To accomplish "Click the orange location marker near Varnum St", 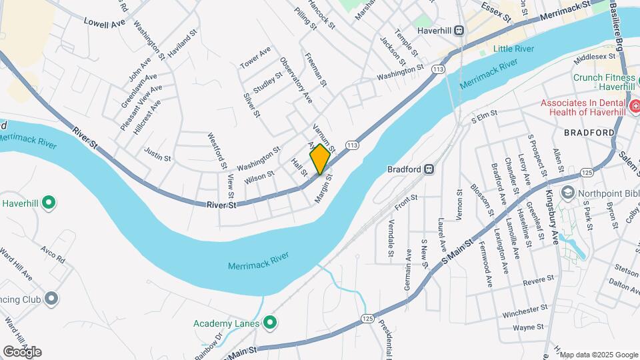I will pos(320,159).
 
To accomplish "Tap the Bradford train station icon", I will pos(430,169).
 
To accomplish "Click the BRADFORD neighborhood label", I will pos(588,133).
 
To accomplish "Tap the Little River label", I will pos(514,49).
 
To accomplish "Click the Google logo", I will pos(22,352).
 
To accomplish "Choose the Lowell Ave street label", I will pos(105,23).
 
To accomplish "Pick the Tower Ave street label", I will pos(255,58).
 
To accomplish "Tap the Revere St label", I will pos(539,279).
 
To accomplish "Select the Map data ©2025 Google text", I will pos(599,355).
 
